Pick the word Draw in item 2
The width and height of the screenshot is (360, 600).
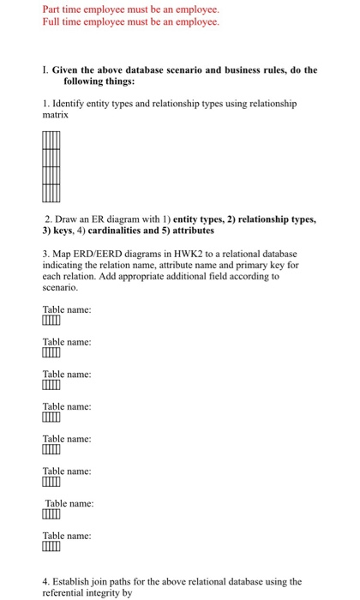coord(73,219)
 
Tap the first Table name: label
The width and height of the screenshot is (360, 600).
coord(67,309)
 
